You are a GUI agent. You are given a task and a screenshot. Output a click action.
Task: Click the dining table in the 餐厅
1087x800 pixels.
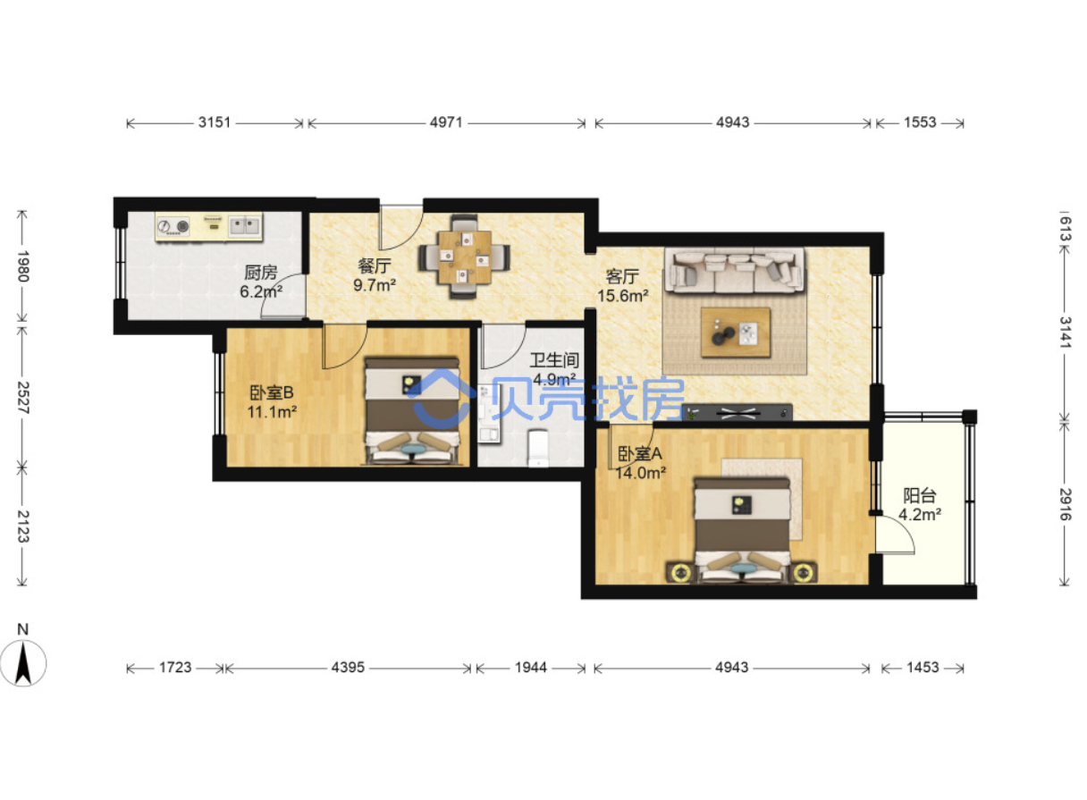[465, 257]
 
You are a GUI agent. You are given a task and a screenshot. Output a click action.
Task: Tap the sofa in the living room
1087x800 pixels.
[734, 270]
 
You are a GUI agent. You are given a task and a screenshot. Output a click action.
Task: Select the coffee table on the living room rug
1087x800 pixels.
[736, 333]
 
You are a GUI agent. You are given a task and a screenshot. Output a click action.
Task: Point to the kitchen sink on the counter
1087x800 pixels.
[244, 226]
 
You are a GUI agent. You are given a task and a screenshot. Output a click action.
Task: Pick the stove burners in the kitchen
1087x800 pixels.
[173, 226]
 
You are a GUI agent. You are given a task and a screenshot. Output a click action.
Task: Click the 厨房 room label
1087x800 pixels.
[261, 273]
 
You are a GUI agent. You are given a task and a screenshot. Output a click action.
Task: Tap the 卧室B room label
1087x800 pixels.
[272, 392]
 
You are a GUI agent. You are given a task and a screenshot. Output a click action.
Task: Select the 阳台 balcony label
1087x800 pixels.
[920, 495]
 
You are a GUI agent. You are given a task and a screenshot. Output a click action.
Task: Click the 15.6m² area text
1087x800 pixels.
[622, 296]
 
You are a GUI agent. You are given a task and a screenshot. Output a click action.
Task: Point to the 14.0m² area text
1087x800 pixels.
[641, 473]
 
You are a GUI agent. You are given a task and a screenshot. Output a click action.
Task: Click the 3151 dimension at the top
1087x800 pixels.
[215, 122]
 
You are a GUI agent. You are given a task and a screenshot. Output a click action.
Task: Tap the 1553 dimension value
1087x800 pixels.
[920, 122]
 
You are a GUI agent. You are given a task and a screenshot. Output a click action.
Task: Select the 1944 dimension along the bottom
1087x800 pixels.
[531, 668]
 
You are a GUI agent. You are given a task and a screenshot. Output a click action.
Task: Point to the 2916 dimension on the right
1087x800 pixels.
[1066, 504]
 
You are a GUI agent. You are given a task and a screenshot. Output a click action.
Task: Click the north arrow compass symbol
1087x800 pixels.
[23, 662]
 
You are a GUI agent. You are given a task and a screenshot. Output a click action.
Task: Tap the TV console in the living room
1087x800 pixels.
[737, 413]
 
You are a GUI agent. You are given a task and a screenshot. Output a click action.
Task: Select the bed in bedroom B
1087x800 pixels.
[412, 411]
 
